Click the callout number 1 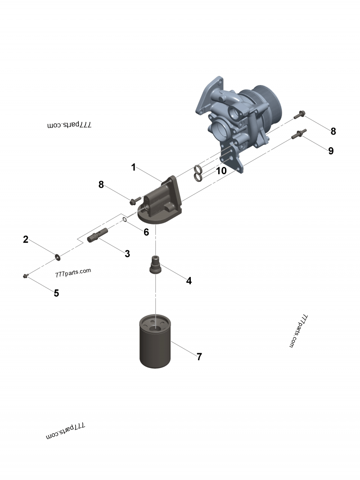pyautogui.click(x=133, y=167)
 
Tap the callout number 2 pyautogui.click(x=26, y=239)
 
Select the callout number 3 pyautogui.click(x=127, y=254)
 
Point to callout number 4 pyautogui.click(x=189, y=281)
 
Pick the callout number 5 pyautogui.click(x=56, y=293)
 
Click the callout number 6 pyautogui.click(x=146, y=232)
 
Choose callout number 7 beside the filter pyautogui.click(x=199, y=357)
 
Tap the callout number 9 pyautogui.click(x=331, y=151)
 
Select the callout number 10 pyautogui.click(x=221, y=171)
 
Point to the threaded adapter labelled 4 pyautogui.click(x=155, y=265)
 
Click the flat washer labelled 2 pyautogui.click(x=58, y=256)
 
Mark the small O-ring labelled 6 pyautogui.click(x=125, y=220)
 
